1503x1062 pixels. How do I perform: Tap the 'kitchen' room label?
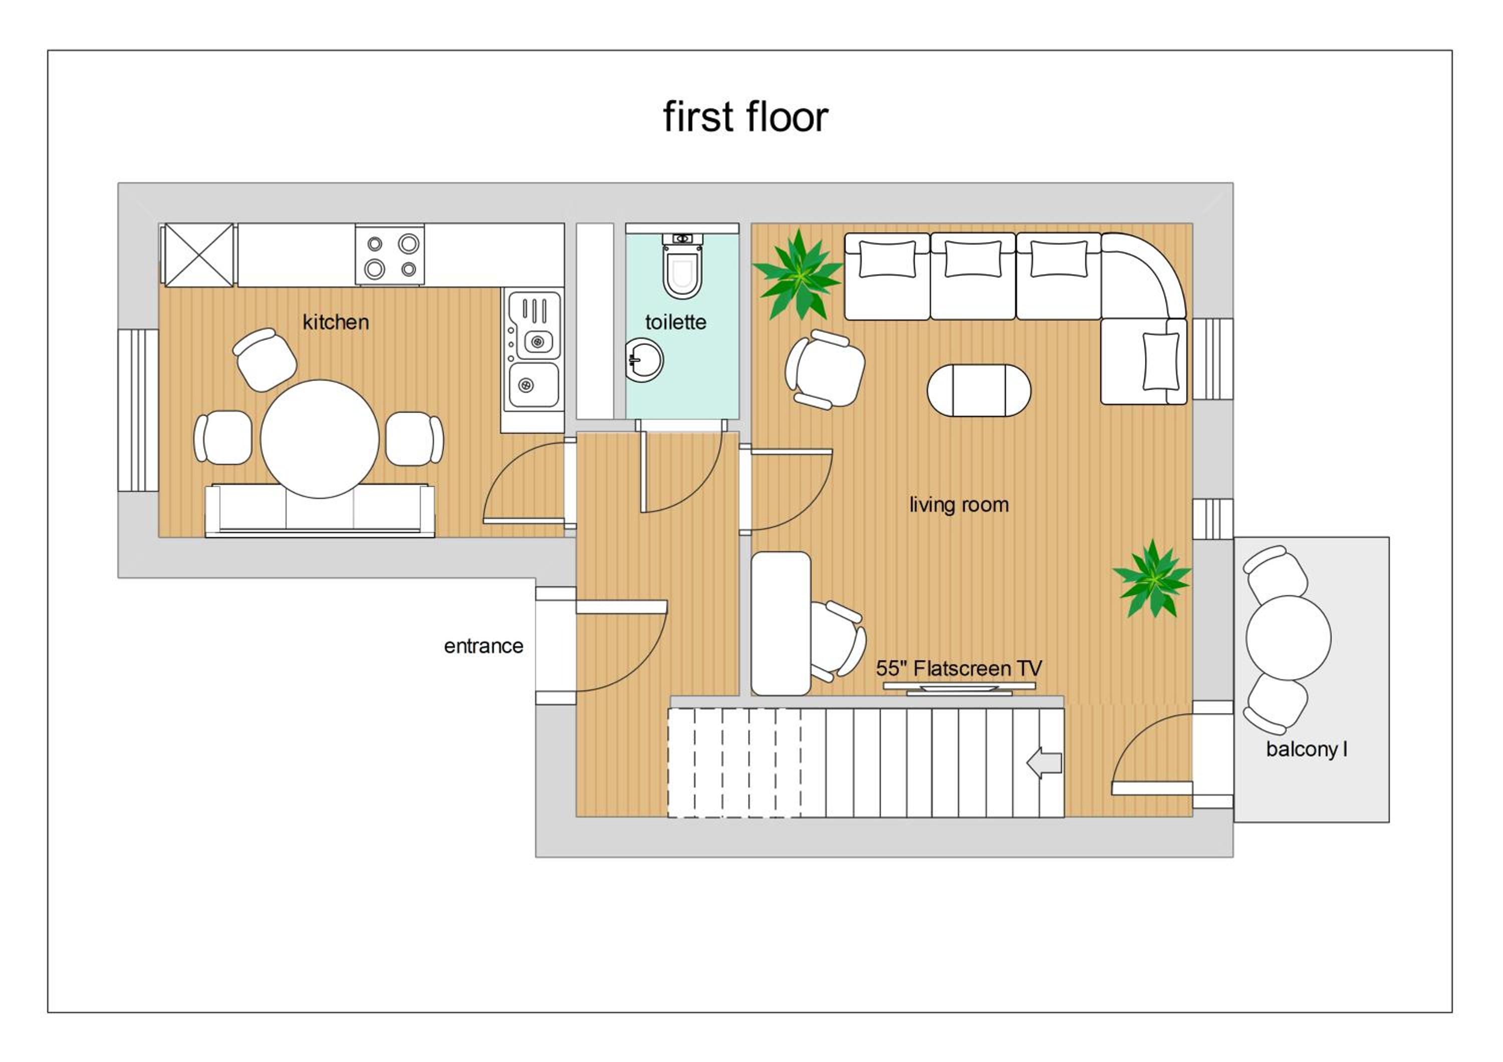(336, 322)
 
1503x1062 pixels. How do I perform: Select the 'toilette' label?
(675, 322)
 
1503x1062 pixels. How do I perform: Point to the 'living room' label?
(959, 504)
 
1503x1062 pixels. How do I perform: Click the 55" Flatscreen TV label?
(959, 668)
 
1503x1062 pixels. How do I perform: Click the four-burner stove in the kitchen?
(390, 254)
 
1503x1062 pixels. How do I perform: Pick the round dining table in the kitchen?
(320, 439)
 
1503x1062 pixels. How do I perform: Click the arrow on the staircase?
(1044, 763)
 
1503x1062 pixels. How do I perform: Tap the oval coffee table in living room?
(978, 391)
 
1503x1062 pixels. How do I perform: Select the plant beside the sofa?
(799, 275)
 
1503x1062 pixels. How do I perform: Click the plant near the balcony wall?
(1152, 579)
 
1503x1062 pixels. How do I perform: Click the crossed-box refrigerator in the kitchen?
(199, 255)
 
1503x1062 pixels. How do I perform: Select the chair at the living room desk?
(838, 639)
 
